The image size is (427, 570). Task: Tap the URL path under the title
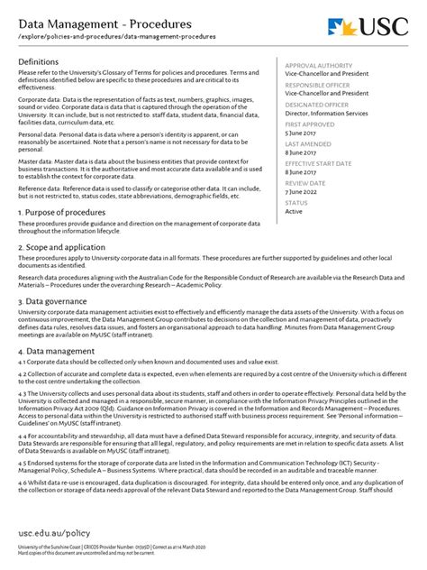(x=118, y=40)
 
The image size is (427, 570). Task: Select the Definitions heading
(x=44, y=60)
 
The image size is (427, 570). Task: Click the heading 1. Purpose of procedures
(x=68, y=212)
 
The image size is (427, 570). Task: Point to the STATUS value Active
(x=295, y=211)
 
